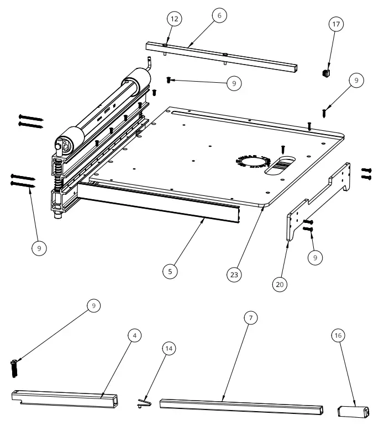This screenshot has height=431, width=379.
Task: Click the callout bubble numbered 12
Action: (x=175, y=19)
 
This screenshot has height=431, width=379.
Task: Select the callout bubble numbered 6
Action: (x=219, y=15)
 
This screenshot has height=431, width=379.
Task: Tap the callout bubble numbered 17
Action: (x=335, y=24)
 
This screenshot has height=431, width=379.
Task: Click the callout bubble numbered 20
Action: (x=280, y=284)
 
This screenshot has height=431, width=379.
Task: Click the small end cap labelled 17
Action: (x=325, y=72)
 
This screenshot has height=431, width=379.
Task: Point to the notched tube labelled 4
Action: (x=66, y=398)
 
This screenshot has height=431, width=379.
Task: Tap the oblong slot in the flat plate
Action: (x=282, y=166)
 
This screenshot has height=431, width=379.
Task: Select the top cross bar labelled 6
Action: (x=221, y=58)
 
